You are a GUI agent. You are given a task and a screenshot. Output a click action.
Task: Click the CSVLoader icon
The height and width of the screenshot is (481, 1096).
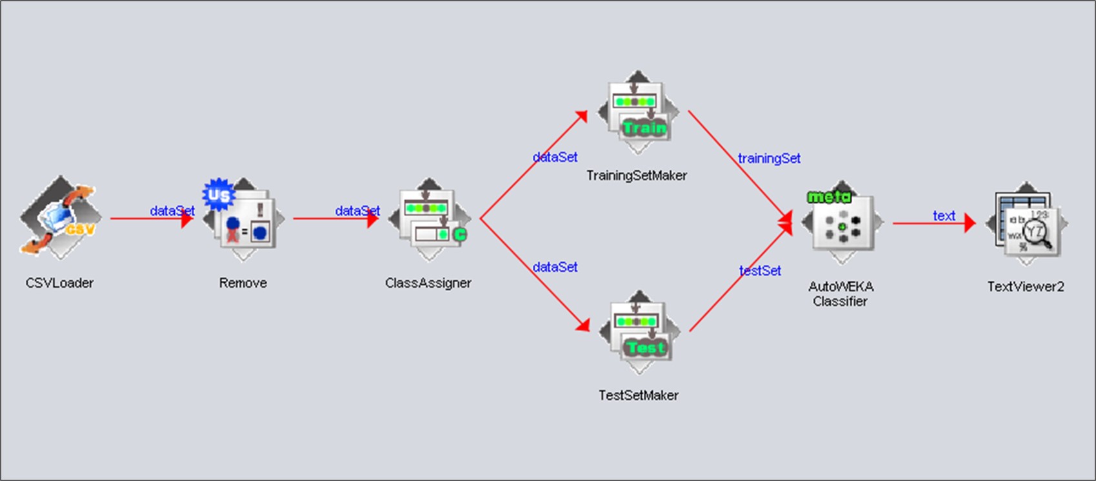pyautogui.click(x=60, y=218)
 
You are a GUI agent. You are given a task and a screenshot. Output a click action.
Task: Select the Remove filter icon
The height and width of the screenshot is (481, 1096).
pyautogui.click(x=243, y=220)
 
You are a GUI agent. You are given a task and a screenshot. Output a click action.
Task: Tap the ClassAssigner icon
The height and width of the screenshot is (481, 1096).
pyautogui.click(x=429, y=220)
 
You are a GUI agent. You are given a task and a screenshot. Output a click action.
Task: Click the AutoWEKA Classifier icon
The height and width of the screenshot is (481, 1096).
pyautogui.click(x=842, y=223)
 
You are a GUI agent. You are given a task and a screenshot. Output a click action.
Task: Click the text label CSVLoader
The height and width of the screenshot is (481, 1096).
pyautogui.click(x=59, y=283)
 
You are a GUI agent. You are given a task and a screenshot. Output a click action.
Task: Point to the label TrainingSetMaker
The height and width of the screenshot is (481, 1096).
pyautogui.click(x=637, y=176)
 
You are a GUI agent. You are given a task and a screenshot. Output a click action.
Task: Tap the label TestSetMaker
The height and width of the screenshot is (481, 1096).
pyautogui.click(x=639, y=395)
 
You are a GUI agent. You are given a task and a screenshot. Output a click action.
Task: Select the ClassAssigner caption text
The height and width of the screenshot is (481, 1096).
pyautogui.click(x=428, y=283)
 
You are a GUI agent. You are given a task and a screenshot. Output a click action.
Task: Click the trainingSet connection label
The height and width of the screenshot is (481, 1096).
pyautogui.click(x=769, y=158)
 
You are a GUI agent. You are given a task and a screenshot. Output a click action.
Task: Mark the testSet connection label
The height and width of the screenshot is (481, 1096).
pyautogui.click(x=760, y=271)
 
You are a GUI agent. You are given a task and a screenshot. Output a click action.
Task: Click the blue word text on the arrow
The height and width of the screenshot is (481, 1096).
pyautogui.click(x=944, y=216)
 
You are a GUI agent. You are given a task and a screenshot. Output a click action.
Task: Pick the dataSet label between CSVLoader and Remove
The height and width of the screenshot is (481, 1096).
pyautogui.click(x=172, y=210)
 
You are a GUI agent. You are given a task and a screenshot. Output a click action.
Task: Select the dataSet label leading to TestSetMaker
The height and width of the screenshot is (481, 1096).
pyautogui.click(x=555, y=267)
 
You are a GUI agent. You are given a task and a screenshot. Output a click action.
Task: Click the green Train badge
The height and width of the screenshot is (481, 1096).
pyautogui.click(x=645, y=128)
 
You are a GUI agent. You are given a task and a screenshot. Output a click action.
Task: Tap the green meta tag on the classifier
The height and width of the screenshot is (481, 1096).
pyautogui.click(x=829, y=196)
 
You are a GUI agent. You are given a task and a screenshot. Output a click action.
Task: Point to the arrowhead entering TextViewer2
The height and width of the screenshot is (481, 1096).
pyautogui.click(x=970, y=224)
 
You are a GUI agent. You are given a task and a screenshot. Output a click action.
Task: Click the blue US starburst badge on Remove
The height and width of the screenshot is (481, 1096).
pyautogui.click(x=218, y=194)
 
